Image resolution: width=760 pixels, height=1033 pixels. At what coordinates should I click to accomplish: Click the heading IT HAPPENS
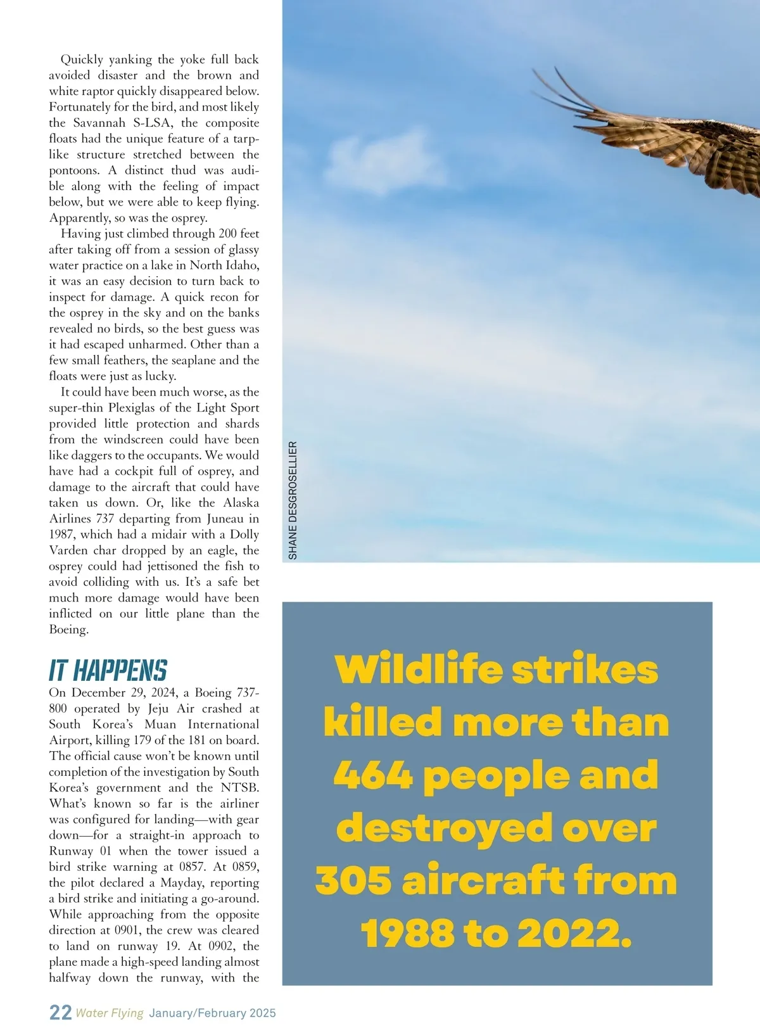pyautogui.click(x=108, y=670)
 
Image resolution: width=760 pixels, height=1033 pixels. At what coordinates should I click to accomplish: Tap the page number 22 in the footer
pyautogui.click(x=60, y=1012)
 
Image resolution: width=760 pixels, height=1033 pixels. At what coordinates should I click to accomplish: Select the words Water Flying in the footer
pyautogui.click(x=110, y=1013)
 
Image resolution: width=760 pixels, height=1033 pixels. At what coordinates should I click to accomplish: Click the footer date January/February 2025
pyautogui.click(x=213, y=1013)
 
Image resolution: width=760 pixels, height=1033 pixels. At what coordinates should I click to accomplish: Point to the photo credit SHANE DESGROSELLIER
pyautogui.click(x=293, y=500)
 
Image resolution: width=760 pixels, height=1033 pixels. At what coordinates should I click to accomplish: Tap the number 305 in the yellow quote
pyautogui.click(x=353, y=881)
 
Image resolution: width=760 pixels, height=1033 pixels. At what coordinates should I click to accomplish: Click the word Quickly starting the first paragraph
pyautogui.click(x=82, y=60)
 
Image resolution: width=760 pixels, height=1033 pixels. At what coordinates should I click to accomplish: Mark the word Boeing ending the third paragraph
pyautogui.click(x=68, y=630)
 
